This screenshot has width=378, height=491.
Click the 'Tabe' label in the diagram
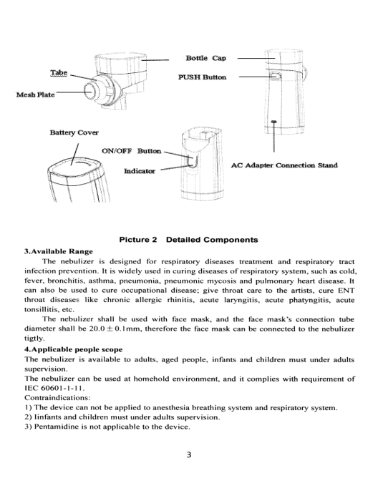coord(59,73)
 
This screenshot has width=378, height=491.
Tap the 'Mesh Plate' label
coord(35,94)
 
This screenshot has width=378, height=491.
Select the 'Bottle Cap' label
coord(205,58)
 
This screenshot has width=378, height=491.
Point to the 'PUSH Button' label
coord(203,77)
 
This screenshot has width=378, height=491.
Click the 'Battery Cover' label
coord(74,132)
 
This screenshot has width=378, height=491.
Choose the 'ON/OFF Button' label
coord(132,151)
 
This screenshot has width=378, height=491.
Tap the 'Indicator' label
coord(140,171)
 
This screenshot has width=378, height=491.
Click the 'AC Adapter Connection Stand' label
coord(284,165)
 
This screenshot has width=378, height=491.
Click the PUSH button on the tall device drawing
coord(276,76)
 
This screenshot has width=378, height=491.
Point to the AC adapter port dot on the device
coord(274,122)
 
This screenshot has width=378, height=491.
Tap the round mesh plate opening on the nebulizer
coord(89,90)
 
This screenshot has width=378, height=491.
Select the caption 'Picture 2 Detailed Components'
coord(188,240)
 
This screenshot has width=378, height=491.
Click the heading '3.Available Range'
coord(59,251)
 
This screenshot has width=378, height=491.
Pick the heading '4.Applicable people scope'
coord(74,349)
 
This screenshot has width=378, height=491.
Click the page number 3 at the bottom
coord(189,454)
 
